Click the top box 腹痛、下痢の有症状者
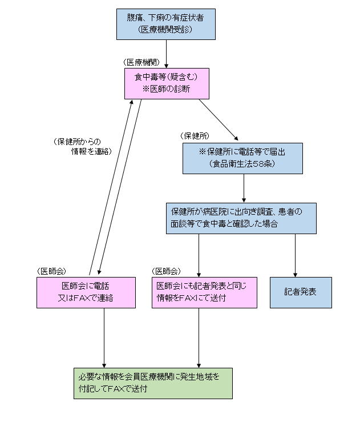coord(165,23)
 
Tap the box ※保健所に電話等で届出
coord(242,158)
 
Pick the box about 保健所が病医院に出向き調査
coord(241,218)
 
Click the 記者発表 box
coord(300,292)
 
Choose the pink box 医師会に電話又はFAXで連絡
coord(86,292)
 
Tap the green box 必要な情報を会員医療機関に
coord(153,383)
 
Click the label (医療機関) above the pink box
coord(140,62)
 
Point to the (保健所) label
coord(195,136)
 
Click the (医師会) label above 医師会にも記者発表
coord(167,271)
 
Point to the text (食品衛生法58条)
coord(242,164)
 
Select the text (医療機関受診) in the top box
coord(165,29)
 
